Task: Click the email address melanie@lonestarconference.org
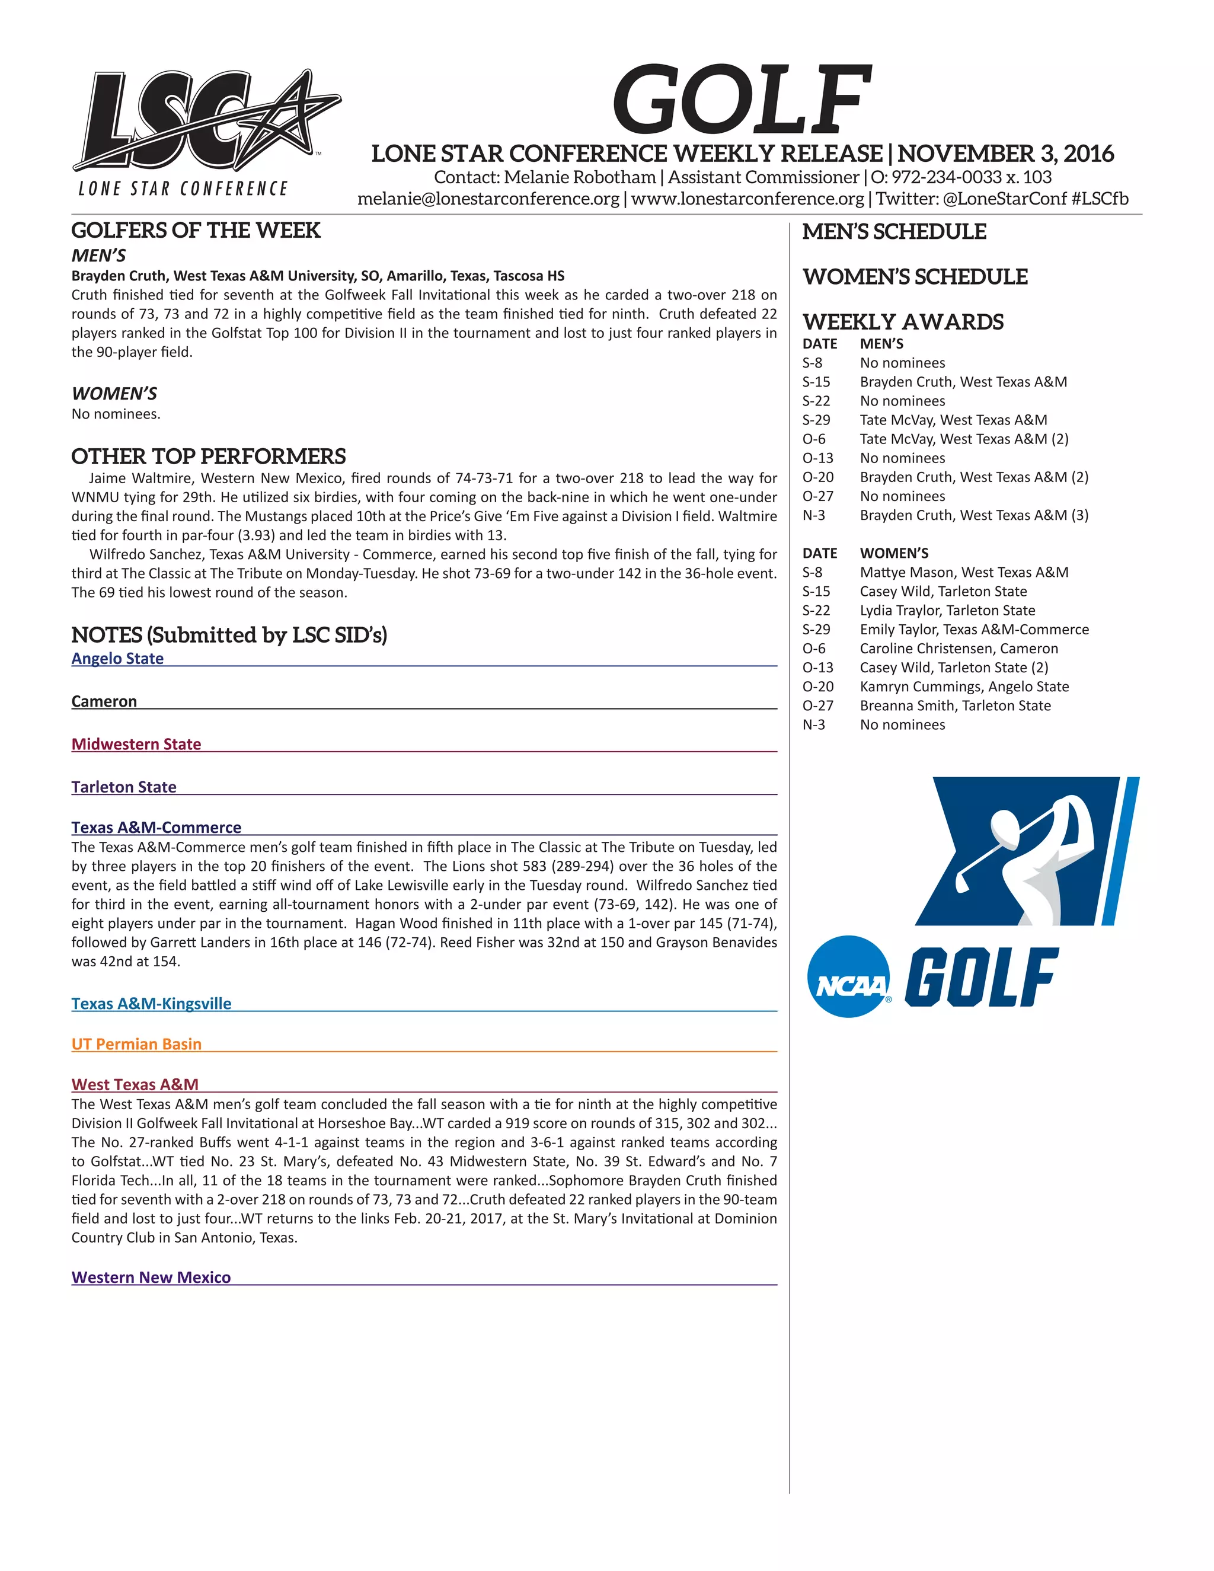pyautogui.click(x=488, y=199)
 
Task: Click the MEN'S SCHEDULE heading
pyautogui.click(x=894, y=232)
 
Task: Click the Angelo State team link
pyautogui.click(x=117, y=658)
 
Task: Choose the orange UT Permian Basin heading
pyautogui.click(x=136, y=1044)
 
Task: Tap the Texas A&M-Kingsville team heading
pyautogui.click(x=151, y=1004)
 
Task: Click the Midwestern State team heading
pyautogui.click(x=136, y=744)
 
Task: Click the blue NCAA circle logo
pyautogui.click(x=849, y=977)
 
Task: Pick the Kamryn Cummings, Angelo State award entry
pyautogui.click(x=964, y=686)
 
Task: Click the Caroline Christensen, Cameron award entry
pyautogui.click(x=958, y=648)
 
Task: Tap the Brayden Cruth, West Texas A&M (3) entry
pyautogui.click(x=974, y=515)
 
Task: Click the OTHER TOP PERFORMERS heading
pyautogui.click(x=209, y=456)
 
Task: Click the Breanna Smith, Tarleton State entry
pyautogui.click(x=955, y=705)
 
